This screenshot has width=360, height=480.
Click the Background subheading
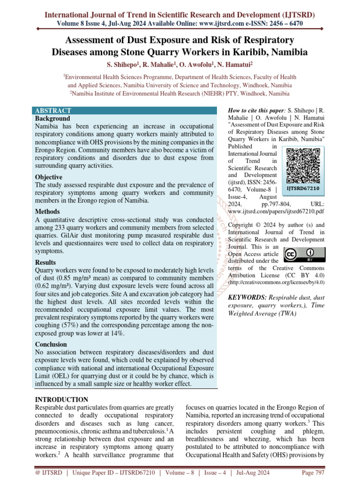52,119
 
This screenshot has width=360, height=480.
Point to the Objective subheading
49,177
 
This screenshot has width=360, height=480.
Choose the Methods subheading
48,211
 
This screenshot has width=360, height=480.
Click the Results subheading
45,262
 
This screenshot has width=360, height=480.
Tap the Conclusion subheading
51,344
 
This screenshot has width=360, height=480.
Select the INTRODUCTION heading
62,399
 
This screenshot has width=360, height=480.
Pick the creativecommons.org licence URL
276,283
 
